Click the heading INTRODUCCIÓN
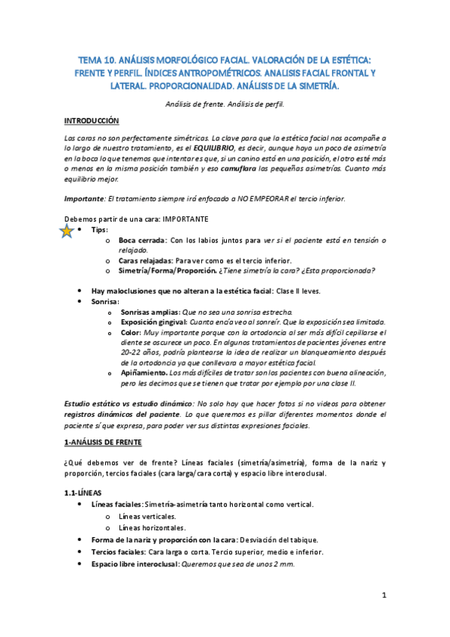[92, 120]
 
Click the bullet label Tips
[99, 230]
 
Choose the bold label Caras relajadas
[146, 260]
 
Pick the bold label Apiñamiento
[144, 372]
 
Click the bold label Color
[130, 331]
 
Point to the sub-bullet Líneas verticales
[147, 517]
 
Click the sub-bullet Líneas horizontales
[152, 527]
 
